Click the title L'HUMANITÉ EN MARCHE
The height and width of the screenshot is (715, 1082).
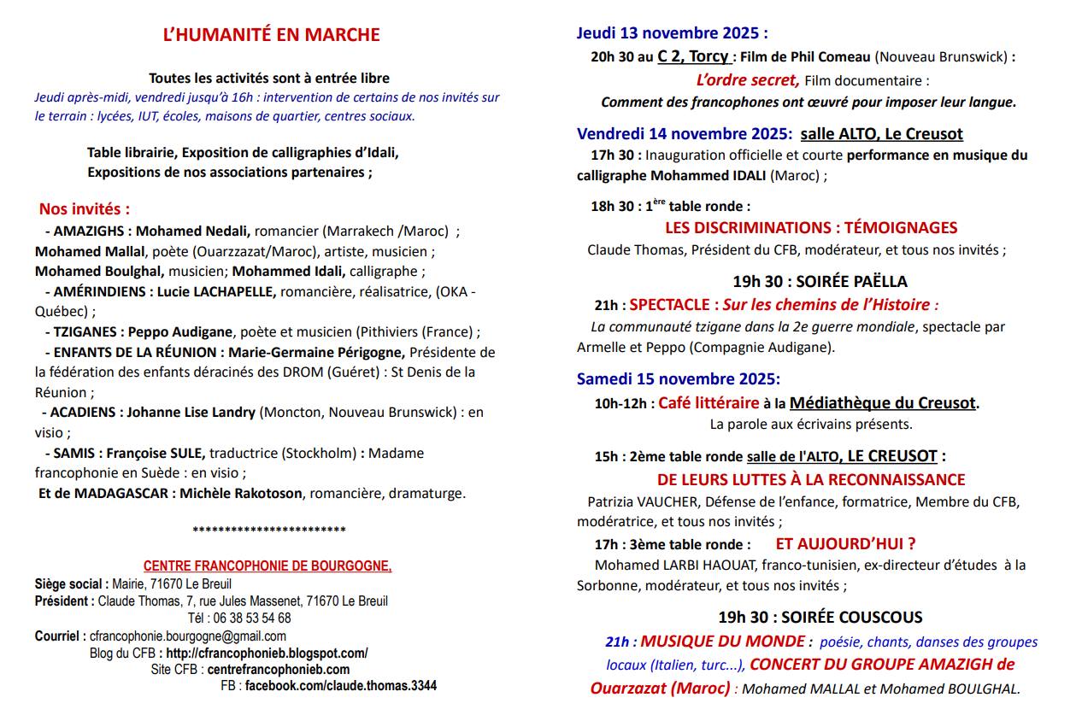271,35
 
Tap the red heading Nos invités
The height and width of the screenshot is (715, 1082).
85,209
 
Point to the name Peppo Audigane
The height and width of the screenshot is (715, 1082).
180,331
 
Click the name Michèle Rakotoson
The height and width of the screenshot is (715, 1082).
242,493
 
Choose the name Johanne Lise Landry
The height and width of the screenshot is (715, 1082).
191,412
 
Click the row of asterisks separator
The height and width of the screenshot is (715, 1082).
269,530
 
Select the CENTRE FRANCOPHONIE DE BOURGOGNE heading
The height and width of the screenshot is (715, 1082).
268,566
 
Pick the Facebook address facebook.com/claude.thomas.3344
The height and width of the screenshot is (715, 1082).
340,685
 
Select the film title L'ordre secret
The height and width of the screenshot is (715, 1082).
748,80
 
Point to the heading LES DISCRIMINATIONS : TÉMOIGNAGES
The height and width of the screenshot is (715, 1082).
811,228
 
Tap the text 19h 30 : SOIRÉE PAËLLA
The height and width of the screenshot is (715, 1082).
820,281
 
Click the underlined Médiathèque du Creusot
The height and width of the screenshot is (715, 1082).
882,402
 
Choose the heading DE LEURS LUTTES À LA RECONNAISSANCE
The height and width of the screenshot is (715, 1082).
811,480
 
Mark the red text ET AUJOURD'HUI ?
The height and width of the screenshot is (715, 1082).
845,543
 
